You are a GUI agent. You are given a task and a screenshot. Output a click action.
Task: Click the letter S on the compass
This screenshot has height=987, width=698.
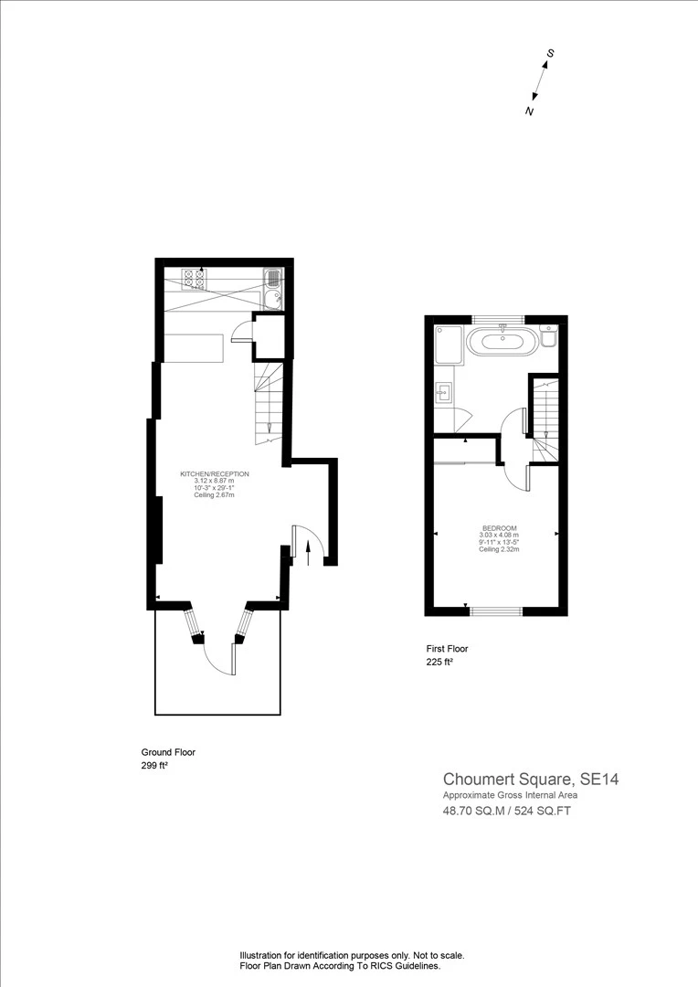point(549,54)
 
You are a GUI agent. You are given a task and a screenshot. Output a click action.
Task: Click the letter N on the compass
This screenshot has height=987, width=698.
point(529,111)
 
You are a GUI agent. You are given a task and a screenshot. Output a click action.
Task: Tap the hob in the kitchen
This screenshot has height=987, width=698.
point(194,280)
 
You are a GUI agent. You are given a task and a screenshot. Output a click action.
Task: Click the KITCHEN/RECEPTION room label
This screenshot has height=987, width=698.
point(215,474)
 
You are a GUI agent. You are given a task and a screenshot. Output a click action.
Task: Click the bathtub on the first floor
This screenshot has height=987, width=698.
point(502,343)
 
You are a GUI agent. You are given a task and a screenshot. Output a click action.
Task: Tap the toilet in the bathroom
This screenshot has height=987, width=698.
point(547,335)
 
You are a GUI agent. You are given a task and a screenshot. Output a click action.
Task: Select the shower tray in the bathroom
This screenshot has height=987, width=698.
point(449,345)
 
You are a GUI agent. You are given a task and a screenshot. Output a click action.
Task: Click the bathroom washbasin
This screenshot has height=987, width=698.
point(443,394)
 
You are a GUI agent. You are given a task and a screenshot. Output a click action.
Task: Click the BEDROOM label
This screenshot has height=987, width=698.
point(499,528)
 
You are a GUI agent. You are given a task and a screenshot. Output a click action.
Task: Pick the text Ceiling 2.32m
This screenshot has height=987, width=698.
point(499,549)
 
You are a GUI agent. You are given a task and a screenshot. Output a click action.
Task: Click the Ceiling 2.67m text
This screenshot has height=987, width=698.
point(215,495)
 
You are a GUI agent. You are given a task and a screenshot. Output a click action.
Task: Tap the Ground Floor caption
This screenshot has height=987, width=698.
point(168,752)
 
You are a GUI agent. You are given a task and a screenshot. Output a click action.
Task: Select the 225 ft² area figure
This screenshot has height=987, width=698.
point(440,662)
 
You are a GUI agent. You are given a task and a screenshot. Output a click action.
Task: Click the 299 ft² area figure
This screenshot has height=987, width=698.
point(154,766)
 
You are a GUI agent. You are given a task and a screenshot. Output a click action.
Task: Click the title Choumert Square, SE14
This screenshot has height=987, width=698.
point(531,780)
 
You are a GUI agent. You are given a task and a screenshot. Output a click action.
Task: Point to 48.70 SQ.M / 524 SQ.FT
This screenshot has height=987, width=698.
point(507,811)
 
